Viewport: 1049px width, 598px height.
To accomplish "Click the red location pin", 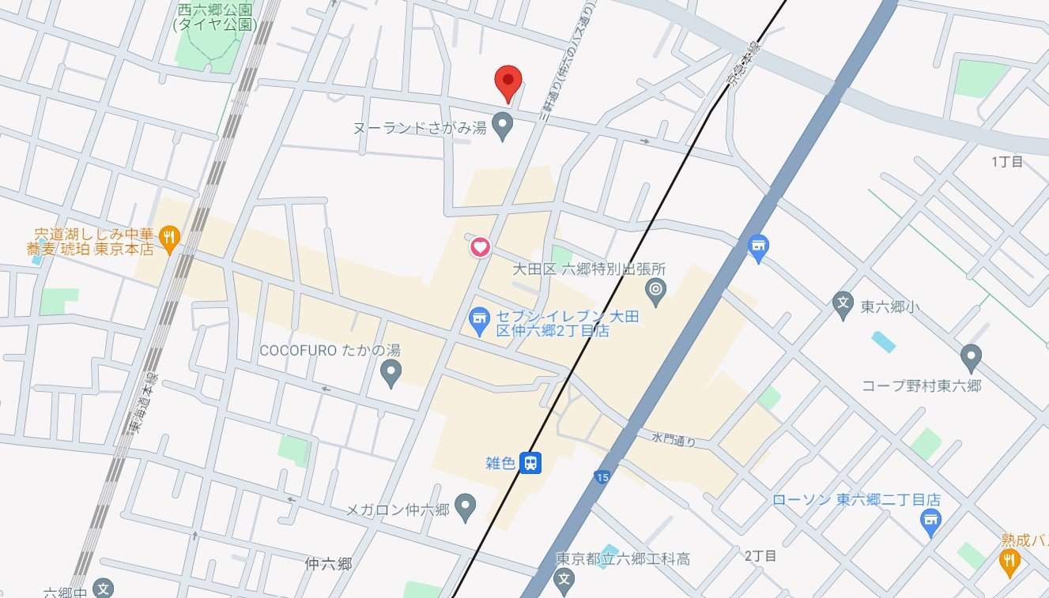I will pos(508,81).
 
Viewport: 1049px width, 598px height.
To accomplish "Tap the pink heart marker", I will pos(480,247).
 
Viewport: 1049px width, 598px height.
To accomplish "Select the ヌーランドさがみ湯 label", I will pos(420,126).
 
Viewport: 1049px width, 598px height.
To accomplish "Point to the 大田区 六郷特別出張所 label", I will pos(589,269).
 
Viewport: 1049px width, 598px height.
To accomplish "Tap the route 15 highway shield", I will pos(602,476).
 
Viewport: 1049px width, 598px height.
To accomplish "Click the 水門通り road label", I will pos(674,439).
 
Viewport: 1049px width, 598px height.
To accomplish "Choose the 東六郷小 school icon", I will pos(843,301).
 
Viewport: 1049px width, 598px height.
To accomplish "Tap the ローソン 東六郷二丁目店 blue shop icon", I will pos(930,521).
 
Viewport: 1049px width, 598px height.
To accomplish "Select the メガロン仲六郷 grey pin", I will pos(466,503).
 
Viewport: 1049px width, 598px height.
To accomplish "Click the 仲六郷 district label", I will pos(327,564).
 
